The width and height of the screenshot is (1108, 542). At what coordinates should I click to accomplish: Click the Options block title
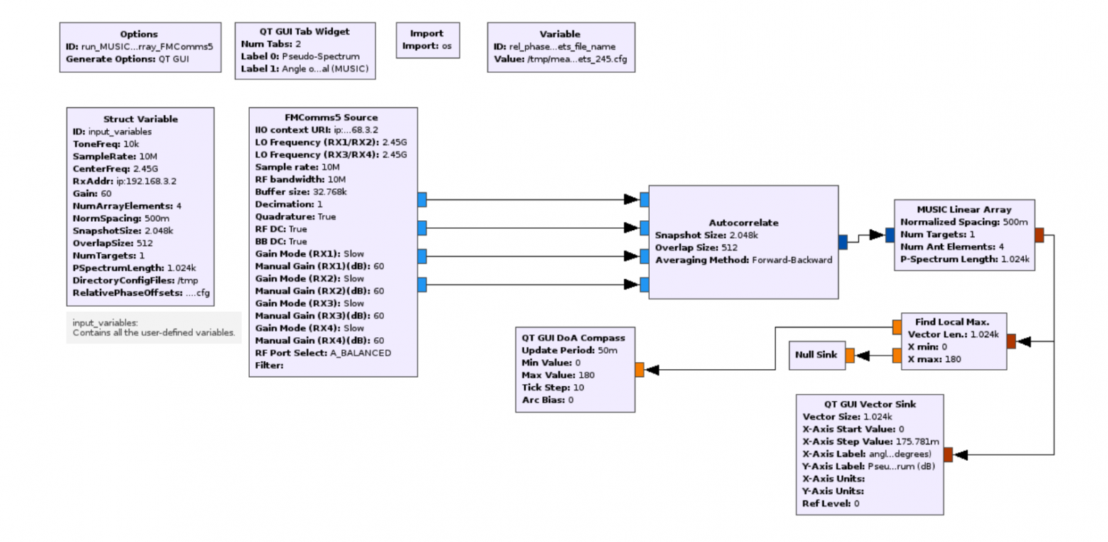(138, 34)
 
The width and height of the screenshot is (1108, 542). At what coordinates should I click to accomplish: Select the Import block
(428, 40)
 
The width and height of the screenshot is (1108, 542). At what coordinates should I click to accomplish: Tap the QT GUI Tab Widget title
(304, 32)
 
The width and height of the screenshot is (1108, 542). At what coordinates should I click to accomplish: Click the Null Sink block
(817, 355)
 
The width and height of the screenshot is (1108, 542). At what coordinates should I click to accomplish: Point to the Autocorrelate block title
(744, 223)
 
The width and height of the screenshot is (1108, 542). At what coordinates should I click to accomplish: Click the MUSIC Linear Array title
(964, 209)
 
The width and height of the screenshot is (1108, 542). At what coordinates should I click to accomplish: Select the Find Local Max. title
(952, 321)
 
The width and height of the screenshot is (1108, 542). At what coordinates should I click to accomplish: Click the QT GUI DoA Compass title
(573, 338)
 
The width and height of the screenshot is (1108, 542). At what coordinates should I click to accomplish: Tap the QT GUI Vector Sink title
(869, 404)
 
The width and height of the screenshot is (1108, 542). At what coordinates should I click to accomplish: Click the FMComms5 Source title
(331, 118)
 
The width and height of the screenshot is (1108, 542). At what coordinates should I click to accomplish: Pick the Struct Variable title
(141, 119)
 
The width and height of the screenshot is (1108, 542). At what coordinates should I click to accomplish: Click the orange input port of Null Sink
(849, 355)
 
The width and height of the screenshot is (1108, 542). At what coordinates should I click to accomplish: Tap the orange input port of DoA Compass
(639, 370)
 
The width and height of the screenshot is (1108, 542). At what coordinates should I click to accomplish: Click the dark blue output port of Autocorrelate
(843, 242)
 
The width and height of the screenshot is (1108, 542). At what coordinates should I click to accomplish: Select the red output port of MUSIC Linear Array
(1039, 236)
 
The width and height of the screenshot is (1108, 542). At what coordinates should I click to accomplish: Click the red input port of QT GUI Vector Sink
(947, 455)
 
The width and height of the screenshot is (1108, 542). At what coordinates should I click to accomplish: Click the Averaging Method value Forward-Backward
(792, 260)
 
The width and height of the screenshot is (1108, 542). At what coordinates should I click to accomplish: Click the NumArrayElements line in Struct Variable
(127, 206)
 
